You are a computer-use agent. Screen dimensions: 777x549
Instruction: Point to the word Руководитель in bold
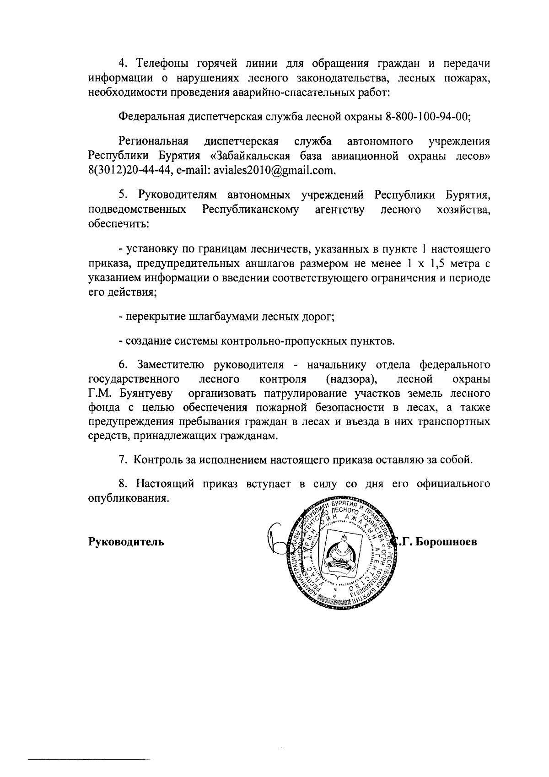pos(126,542)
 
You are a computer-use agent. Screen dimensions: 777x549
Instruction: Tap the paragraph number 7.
pos(122,460)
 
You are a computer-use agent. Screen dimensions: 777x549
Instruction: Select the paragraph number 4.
pos(122,63)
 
